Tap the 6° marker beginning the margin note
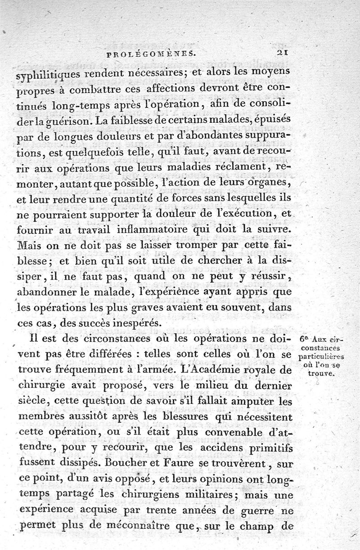[304, 339]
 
